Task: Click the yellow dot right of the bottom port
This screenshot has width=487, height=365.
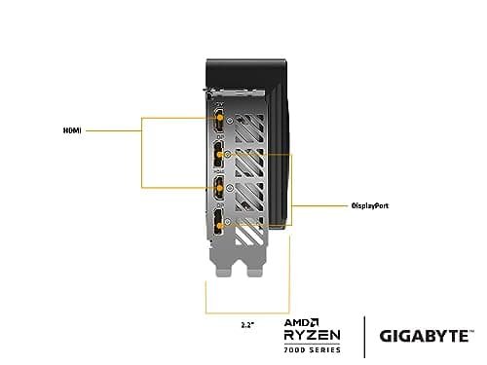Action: tap(228, 223)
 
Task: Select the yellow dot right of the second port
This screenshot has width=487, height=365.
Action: tap(228, 154)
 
